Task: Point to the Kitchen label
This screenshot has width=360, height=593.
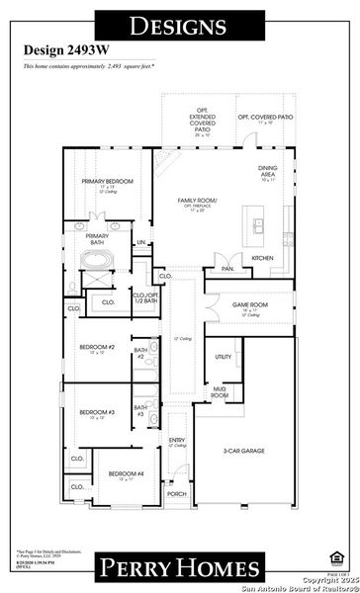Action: click(x=262, y=258)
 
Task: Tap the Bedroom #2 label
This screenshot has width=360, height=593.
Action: click(x=98, y=348)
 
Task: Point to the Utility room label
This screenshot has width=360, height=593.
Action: click(x=224, y=357)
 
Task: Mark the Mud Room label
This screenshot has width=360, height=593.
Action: click(x=221, y=392)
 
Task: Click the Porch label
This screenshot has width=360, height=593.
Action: click(x=177, y=494)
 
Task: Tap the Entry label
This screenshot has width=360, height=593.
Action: click(x=177, y=441)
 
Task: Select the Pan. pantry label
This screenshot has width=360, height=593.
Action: click(x=227, y=268)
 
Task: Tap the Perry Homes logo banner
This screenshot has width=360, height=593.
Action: click(x=180, y=566)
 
